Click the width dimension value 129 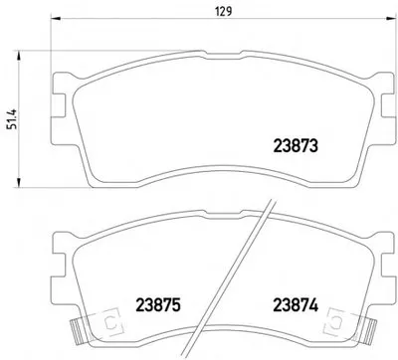224,12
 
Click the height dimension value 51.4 12,119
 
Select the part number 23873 296,146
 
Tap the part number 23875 158,305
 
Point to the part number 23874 296,305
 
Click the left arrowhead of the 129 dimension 55,18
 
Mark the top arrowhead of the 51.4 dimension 19,56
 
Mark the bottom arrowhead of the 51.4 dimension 19,183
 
